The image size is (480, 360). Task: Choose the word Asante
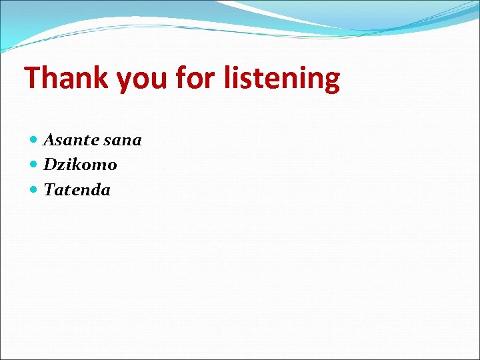71,140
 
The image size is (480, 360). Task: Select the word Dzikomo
80,165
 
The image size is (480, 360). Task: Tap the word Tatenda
77,190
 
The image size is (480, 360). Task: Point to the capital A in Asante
49,140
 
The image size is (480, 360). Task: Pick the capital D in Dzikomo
50,165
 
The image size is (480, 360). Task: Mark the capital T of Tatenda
49,190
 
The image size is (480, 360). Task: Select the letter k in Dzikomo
75,165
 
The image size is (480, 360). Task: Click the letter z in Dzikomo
61,165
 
